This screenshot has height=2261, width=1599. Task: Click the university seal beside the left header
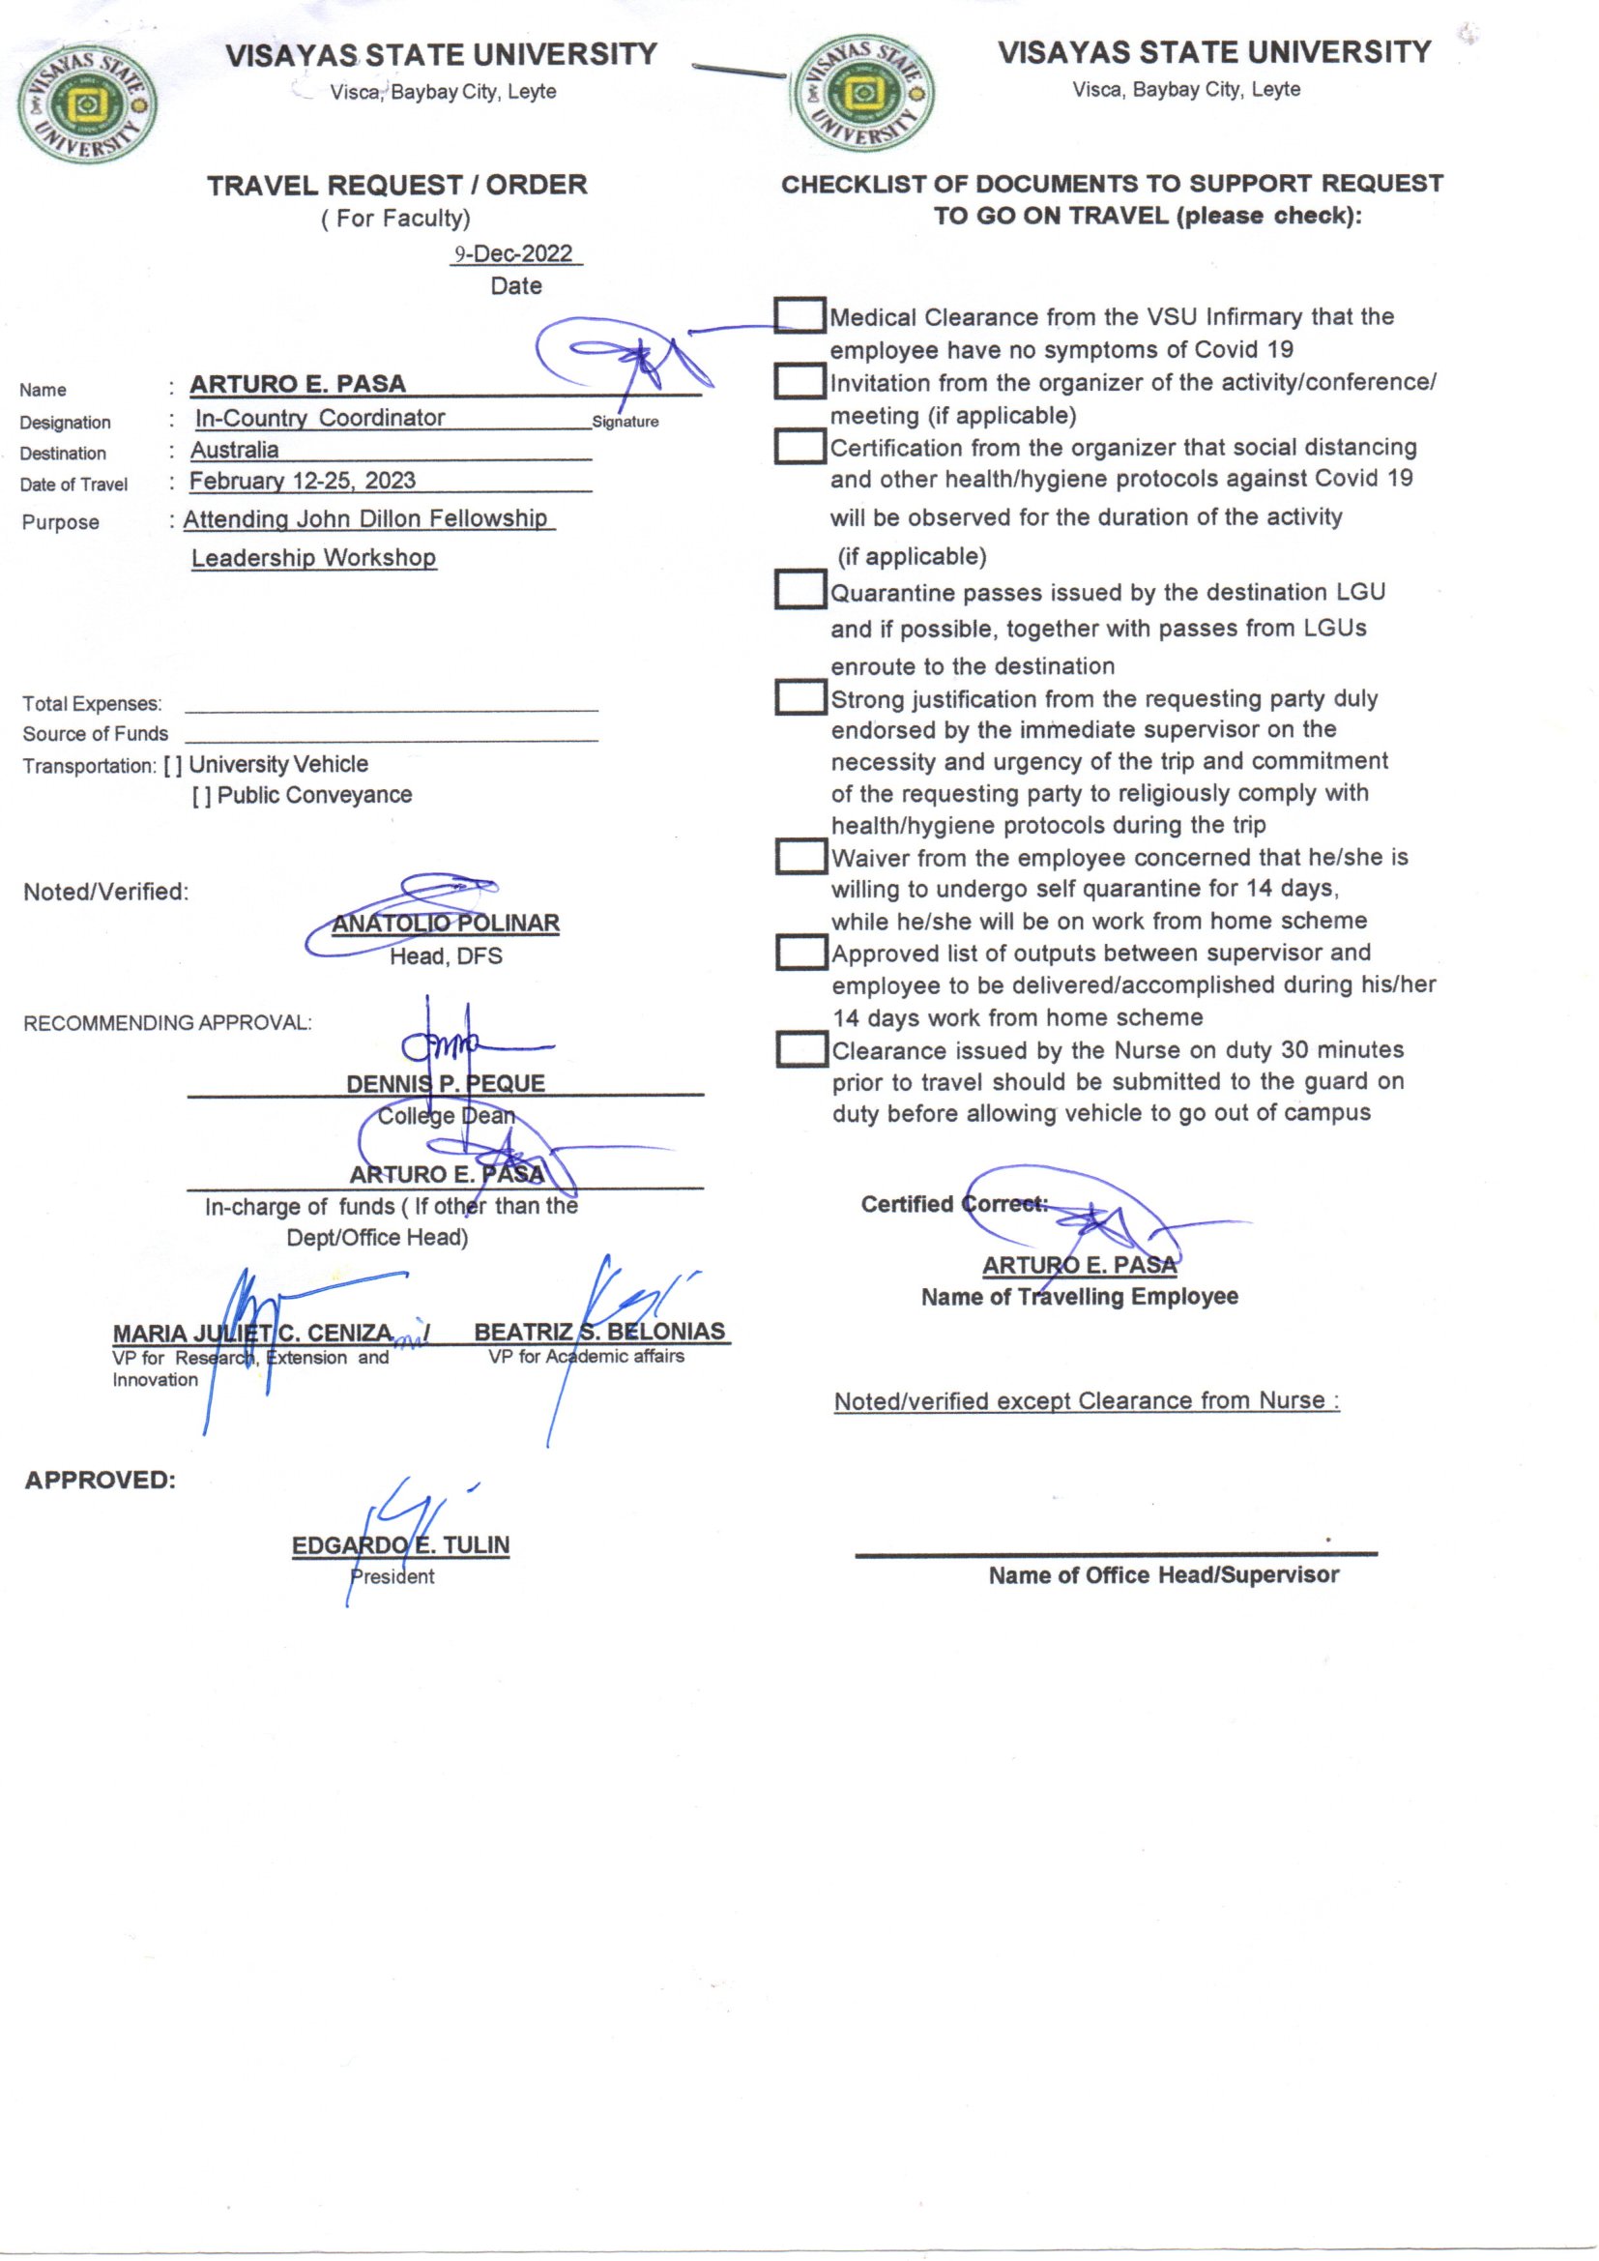point(87,105)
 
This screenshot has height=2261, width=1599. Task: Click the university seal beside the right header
point(864,95)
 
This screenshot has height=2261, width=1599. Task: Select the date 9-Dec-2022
point(516,254)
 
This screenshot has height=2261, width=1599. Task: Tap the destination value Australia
point(234,450)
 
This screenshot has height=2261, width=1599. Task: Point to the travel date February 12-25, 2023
point(303,481)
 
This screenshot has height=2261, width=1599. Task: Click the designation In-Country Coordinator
point(320,419)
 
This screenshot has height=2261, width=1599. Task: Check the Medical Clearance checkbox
point(799,315)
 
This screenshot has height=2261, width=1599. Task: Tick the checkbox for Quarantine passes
point(799,590)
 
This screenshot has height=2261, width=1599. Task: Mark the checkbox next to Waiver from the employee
point(799,856)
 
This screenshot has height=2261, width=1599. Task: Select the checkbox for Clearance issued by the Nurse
point(799,1048)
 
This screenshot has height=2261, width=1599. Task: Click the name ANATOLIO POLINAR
point(445,924)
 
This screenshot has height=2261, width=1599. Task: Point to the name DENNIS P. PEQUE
point(445,1083)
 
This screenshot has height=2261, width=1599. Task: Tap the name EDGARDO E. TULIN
point(401,1545)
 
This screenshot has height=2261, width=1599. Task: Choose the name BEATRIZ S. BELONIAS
point(599,1332)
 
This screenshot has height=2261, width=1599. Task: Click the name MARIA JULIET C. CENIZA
point(253,1334)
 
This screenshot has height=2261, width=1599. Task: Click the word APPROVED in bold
point(101,1480)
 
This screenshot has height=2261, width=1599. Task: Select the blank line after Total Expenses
point(391,704)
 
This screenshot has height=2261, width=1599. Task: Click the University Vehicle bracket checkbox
point(172,765)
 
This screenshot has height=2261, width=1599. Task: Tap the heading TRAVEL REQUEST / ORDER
point(396,185)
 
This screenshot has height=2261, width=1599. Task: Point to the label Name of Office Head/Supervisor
point(1164,1575)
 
